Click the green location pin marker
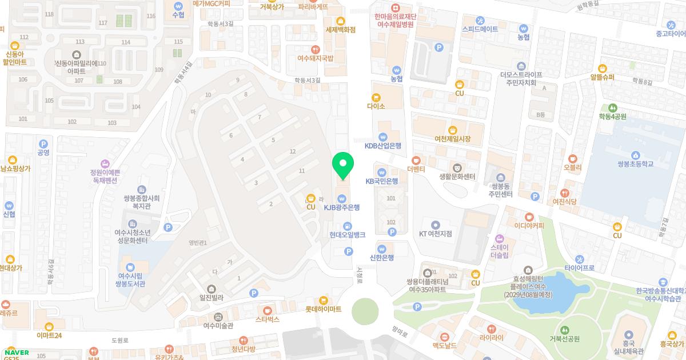tap(343, 166)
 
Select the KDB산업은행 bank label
tap(383, 146)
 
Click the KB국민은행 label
tap(382, 181)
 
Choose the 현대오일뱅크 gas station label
tap(347, 234)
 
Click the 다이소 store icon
tap(376, 97)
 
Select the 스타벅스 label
tap(268, 319)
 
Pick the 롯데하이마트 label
tap(323, 309)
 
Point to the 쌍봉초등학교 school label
tap(635, 164)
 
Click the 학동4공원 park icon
tap(613, 107)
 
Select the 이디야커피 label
tap(529, 225)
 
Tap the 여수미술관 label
tap(218, 326)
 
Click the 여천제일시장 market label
tap(452, 139)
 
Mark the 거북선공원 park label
tap(565, 338)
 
